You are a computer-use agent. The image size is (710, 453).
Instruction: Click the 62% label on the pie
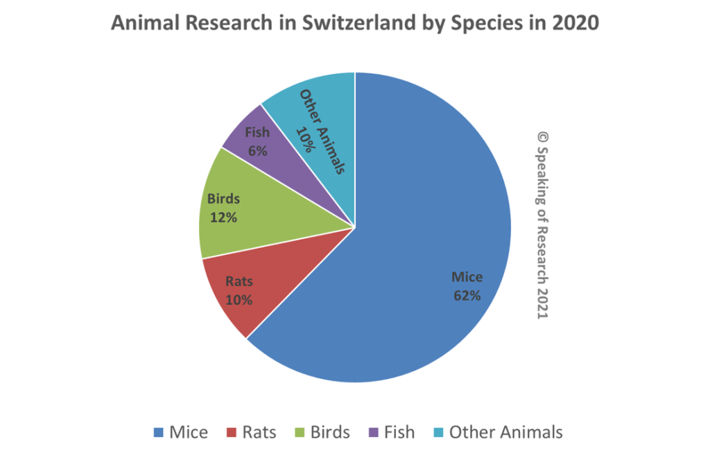pyautogui.click(x=467, y=295)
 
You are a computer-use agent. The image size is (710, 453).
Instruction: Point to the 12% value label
pyautogui.click(x=223, y=217)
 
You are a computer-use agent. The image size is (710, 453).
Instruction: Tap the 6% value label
pyautogui.click(x=257, y=150)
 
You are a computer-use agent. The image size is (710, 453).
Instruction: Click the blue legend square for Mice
pyautogui.click(x=159, y=433)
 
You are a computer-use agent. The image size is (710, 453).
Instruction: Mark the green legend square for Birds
pyautogui.click(x=300, y=433)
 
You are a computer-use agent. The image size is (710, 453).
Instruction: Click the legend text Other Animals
pyautogui.click(x=505, y=433)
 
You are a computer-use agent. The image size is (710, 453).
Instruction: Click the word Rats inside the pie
pyautogui.click(x=239, y=282)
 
